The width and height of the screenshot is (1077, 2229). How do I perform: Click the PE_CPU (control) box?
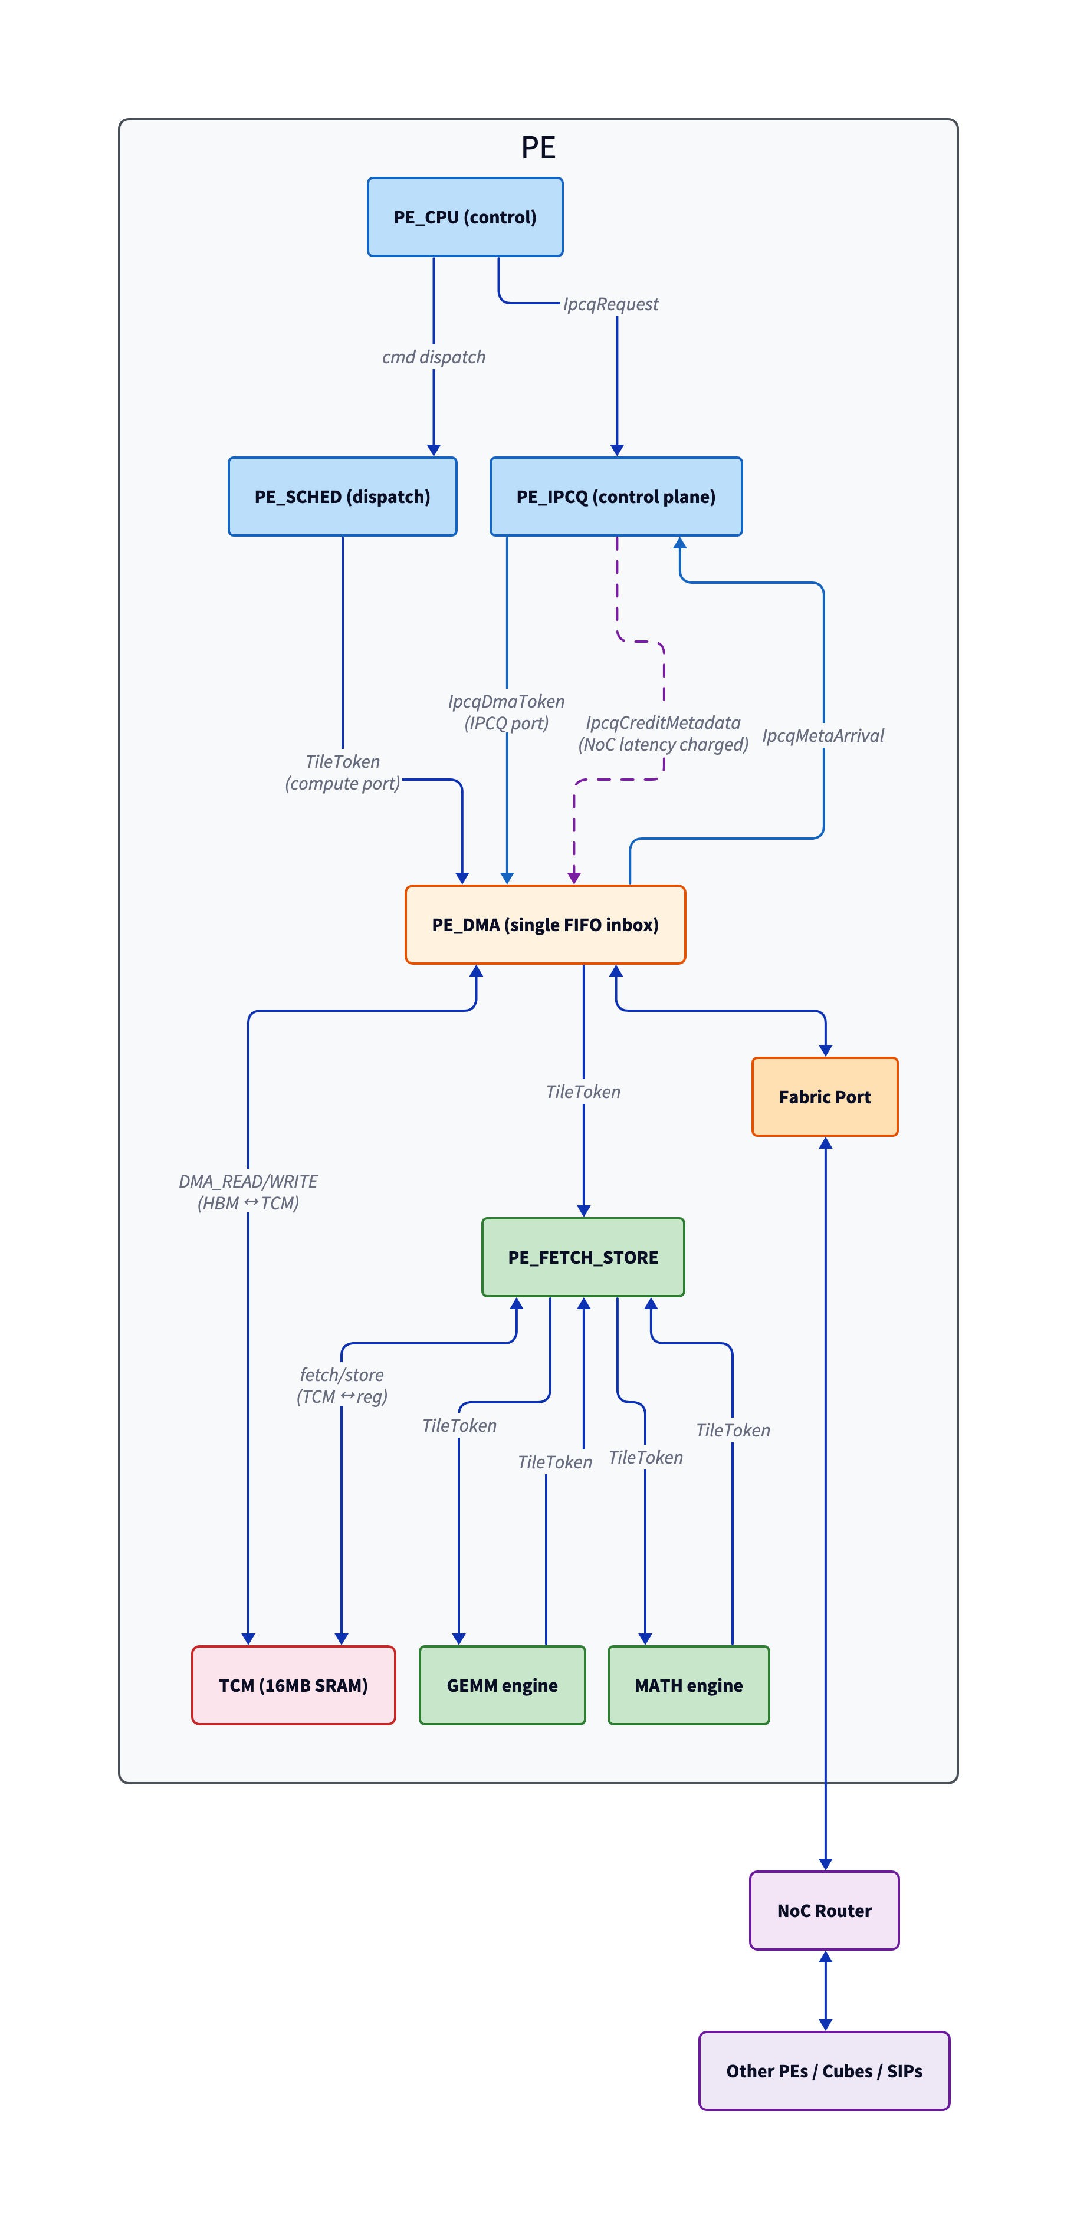click(x=465, y=217)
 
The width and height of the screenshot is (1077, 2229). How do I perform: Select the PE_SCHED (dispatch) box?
click(x=342, y=497)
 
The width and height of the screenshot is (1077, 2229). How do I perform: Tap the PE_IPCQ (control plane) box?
click(x=616, y=497)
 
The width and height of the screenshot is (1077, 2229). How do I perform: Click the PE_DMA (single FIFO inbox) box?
click(x=546, y=924)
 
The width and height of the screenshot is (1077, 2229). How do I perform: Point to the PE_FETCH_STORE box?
click(x=583, y=1257)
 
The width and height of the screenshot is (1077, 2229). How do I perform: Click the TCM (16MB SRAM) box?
click(x=294, y=1685)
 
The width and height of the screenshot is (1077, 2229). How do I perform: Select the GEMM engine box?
click(x=502, y=1685)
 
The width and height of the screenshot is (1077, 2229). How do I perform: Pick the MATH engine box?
click(x=688, y=1685)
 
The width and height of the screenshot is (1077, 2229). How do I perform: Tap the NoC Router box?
click(x=824, y=1911)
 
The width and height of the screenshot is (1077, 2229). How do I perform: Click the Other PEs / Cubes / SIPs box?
click(x=824, y=2070)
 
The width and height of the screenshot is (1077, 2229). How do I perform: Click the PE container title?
click(x=538, y=147)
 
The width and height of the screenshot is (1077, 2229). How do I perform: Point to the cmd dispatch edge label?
click(x=434, y=357)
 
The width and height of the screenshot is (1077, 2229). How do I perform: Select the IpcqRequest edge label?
click(x=610, y=304)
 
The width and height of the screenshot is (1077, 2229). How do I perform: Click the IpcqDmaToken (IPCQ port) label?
click(x=507, y=712)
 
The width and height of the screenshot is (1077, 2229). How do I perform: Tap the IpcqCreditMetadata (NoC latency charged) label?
click(x=663, y=734)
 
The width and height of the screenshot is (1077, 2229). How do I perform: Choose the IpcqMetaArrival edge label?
click(x=822, y=735)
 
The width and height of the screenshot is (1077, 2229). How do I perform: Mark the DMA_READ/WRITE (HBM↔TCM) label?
click(x=248, y=1192)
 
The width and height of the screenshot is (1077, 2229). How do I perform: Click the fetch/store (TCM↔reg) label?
click(x=342, y=1385)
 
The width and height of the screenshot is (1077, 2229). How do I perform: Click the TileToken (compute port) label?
click(x=343, y=772)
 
